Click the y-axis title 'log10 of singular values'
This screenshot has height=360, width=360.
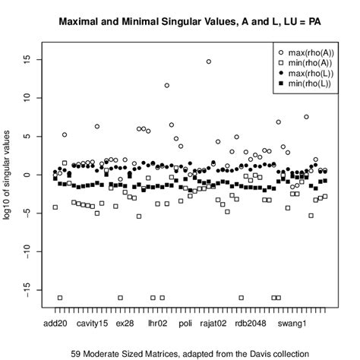pos(11,175)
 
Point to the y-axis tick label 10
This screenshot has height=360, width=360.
pos(28,97)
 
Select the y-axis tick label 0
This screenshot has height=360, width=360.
pos(28,175)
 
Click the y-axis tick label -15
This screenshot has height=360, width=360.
pos(28,289)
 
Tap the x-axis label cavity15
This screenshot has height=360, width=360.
pos(92,324)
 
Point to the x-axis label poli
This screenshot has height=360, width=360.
pos(185,324)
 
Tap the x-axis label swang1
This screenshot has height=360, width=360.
pos(292,324)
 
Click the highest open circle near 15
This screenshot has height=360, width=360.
pos(209,62)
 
